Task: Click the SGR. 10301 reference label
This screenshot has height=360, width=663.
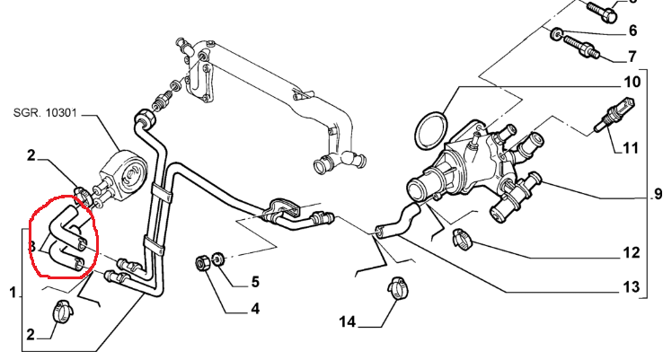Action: click(45, 113)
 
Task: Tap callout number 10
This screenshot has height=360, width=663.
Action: click(632, 82)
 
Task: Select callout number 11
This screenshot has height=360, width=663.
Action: click(631, 148)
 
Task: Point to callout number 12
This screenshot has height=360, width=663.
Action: click(632, 252)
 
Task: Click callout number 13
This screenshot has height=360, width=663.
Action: click(632, 287)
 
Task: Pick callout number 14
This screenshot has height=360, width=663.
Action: click(348, 322)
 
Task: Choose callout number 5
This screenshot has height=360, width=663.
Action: click(255, 282)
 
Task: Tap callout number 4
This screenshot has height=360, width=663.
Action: click(255, 309)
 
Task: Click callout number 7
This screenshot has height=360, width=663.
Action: click(632, 57)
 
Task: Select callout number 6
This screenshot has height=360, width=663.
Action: click(632, 31)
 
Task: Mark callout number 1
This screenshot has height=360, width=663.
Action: click(13, 293)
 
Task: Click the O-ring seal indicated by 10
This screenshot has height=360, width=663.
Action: click(431, 130)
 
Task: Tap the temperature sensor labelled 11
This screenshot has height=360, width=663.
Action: click(615, 114)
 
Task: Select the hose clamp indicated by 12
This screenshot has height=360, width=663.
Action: click(462, 239)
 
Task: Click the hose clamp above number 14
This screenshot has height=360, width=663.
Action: click(398, 288)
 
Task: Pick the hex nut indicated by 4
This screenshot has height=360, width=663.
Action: click(202, 263)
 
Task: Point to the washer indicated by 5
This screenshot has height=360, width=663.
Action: click(218, 259)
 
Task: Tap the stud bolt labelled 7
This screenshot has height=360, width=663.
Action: click(581, 48)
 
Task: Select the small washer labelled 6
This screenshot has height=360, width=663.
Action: click(556, 34)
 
